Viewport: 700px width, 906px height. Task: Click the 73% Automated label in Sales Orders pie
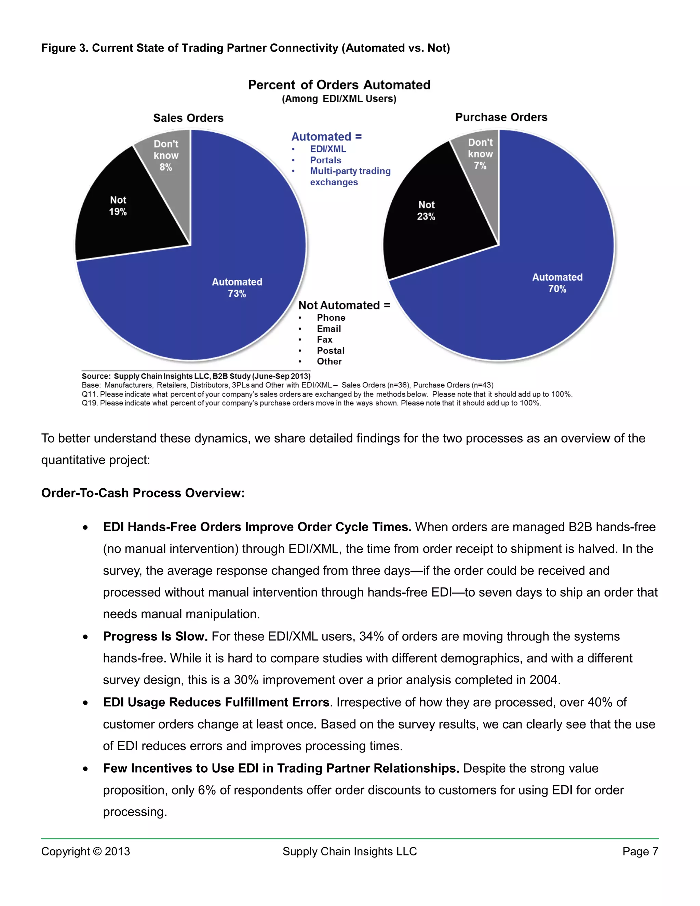tap(237, 288)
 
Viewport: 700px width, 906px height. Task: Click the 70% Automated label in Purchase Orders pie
tap(557, 283)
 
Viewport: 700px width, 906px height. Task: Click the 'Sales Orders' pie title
tap(188, 118)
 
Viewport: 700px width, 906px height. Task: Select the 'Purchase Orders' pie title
tap(501, 117)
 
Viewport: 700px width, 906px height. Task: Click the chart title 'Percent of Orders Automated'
tap(339, 85)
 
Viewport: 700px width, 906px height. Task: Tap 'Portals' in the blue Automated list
tap(325, 160)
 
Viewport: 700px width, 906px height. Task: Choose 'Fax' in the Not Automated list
tap(324, 340)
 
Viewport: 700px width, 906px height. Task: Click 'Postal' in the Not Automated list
tap(331, 350)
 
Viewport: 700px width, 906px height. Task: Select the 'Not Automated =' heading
tap(344, 305)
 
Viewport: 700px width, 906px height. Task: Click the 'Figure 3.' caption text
tap(65, 48)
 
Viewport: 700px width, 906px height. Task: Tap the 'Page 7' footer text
tap(640, 852)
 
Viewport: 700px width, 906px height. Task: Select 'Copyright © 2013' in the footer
tap(85, 852)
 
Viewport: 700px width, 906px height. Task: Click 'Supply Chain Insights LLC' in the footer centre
tap(350, 852)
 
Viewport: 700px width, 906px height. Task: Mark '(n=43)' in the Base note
tap(482, 385)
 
